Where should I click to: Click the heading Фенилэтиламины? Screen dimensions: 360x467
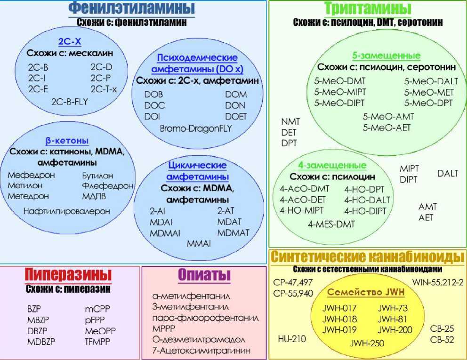pyautogui.click(x=131, y=8)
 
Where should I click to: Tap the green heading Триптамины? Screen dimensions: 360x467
pyautogui.click(x=368, y=8)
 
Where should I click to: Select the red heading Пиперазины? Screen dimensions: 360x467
pyautogui.click(x=69, y=274)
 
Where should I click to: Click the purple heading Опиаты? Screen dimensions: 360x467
pyautogui.click(x=204, y=275)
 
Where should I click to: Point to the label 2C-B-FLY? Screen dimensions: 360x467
pyautogui.click(x=70, y=101)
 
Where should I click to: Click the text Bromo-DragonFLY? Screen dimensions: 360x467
pyautogui.click(x=196, y=128)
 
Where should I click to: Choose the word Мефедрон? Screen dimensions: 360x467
pyautogui.click(x=31, y=175)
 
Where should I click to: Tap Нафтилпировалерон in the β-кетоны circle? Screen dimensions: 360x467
pyautogui.click(x=66, y=211)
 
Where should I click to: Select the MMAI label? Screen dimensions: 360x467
pyautogui.click(x=199, y=243)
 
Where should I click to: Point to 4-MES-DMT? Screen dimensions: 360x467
pyautogui.click(x=331, y=224)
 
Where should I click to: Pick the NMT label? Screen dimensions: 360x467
pyautogui.click(x=290, y=121)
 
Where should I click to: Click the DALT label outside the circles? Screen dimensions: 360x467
pyautogui.click(x=447, y=173)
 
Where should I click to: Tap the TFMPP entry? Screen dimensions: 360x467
pyautogui.click(x=97, y=341)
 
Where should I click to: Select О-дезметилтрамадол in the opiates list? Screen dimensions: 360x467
pyautogui.click(x=199, y=339)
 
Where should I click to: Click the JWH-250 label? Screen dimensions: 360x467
pyautogui.click(x=367, y=343)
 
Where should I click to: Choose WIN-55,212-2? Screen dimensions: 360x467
pyautogui.click(x=438, y=282)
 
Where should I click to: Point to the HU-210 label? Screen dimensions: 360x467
pyautogui.click(x=292, y=338)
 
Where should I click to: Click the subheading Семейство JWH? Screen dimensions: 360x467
pyautogui.click(x=366, y=292)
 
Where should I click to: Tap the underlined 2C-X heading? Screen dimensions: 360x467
pyautogui.click(x=69, y=42)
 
